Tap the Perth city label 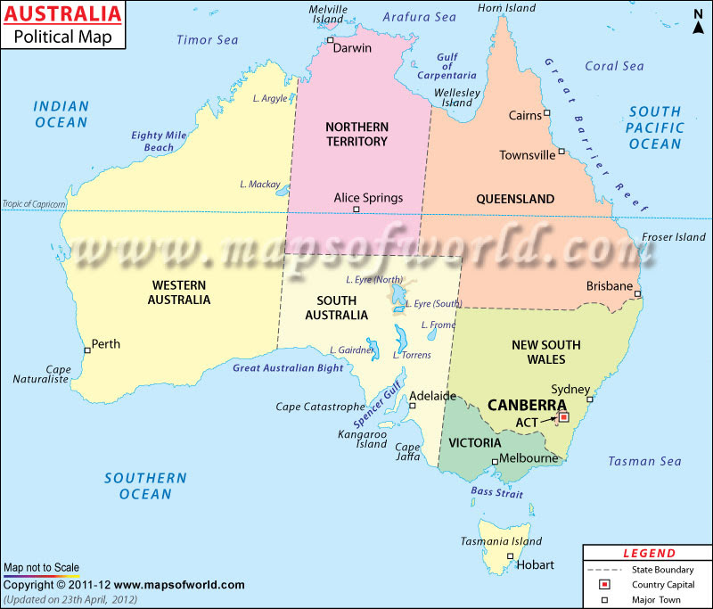tap(105, 343)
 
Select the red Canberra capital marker tap(563, 416)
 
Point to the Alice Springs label tap(368, 198)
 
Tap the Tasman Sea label tap(644, 461)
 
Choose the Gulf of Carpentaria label tap(447, 67)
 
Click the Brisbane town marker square tap(637, 293)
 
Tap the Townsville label tap(527, 155)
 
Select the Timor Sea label tap(207, 39)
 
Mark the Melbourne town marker tap(495, 461)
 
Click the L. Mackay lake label tap(260, 185)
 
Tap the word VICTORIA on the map tap(474, 442)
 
